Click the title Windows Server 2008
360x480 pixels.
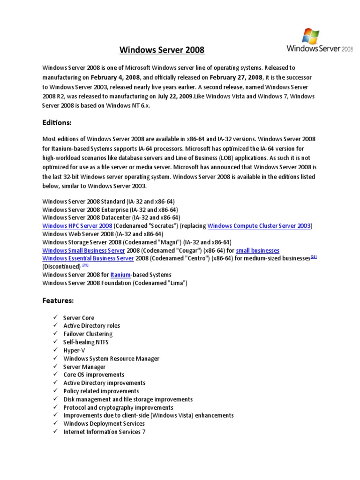click(162, 49)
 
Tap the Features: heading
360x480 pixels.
click(58, 300)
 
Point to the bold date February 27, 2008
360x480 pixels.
click(236, 77)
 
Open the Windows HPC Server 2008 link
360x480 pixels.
click(77, 225)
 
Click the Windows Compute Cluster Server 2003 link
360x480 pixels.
click(259, 225)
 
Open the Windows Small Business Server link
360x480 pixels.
click(83, 250)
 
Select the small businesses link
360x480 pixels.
click(257, 250)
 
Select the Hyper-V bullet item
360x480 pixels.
click(74, 350)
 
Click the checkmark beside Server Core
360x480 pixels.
click(55, 317)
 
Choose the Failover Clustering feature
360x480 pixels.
click(88, 334)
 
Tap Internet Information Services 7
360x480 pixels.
click(104, 432)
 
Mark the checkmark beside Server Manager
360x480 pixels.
click(55, 367)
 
